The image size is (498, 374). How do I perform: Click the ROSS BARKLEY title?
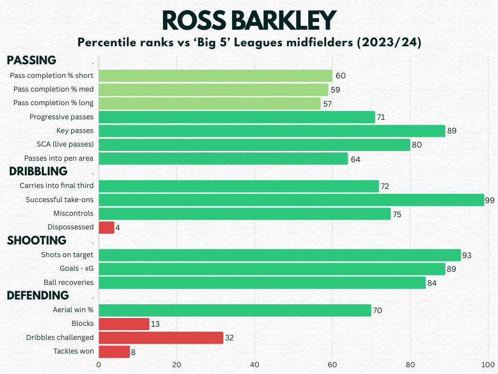coord(249,20)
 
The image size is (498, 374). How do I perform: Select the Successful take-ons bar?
coord(291,200)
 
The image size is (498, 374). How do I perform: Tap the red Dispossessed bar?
coord(107,227)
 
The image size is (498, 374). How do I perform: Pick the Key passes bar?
coord(272,131)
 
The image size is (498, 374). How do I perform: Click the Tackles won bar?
coord(114,352)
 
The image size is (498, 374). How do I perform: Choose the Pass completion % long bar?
coord(210,103)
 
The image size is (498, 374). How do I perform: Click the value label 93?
coord(467,255)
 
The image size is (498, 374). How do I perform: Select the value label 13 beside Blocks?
coord(155,324)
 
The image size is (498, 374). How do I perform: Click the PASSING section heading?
coord(32,60)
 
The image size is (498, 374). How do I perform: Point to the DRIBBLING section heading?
coord(37,171)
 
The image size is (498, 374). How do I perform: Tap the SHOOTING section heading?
coord(36,240)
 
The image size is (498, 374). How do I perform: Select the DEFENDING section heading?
coord(37,295)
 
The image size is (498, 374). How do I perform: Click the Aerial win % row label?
coord(73,310)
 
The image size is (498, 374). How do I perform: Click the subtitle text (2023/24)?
coord(389,43)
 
